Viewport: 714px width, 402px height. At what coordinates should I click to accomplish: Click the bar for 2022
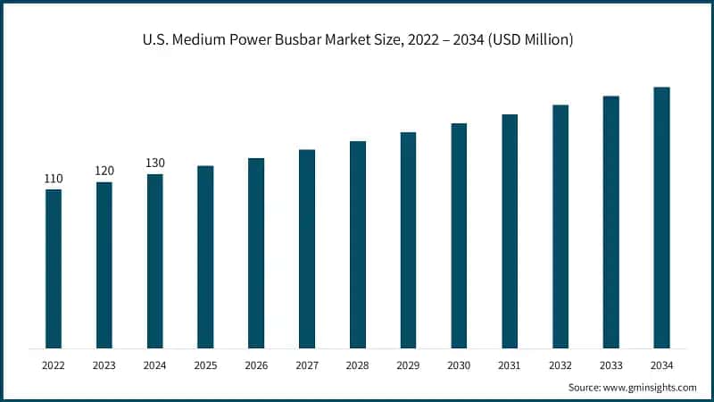54,268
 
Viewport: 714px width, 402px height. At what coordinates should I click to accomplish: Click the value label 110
54,179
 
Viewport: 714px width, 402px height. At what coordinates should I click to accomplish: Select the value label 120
104,171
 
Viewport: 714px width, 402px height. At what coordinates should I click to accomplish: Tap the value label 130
155,163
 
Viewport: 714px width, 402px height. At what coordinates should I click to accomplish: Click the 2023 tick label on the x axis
104,365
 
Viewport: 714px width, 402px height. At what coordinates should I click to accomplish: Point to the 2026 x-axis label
256,365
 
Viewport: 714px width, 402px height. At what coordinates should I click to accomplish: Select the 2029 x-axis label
408,365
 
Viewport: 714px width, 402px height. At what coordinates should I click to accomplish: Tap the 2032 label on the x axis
560,365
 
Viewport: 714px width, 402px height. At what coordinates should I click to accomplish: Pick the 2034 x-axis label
661,365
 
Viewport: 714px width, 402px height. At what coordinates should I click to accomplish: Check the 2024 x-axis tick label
155,365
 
